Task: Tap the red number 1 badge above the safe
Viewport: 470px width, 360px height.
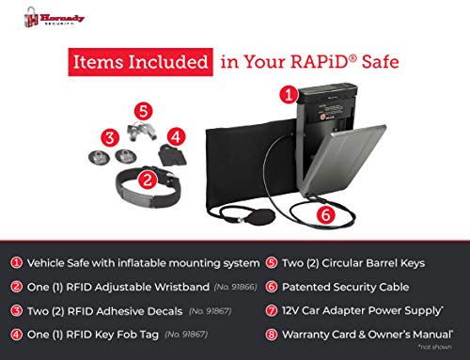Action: (x=290, y=95)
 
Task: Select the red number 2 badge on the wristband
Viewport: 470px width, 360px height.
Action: (x=148, y=177)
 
